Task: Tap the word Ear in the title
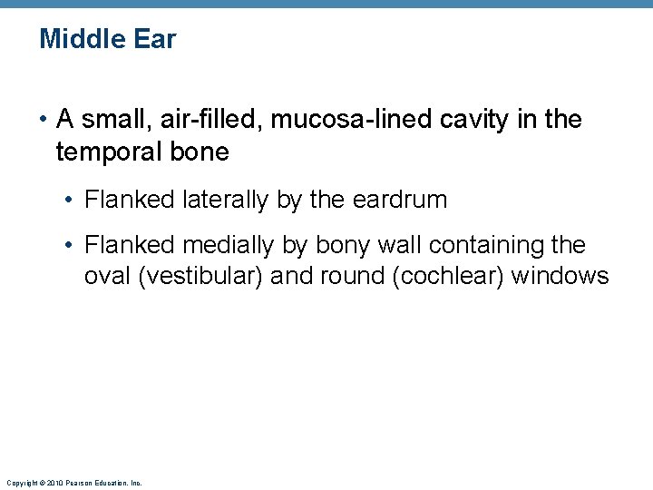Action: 156,39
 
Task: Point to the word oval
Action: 107,276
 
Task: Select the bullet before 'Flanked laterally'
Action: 72,200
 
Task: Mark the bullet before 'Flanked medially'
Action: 72,245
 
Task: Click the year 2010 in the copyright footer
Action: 54,483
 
